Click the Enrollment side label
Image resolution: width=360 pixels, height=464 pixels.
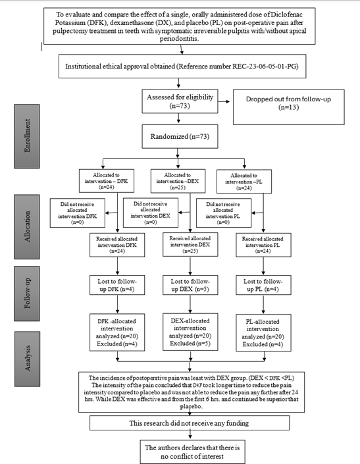(27, 136)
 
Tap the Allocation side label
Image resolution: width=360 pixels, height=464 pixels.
(27, 226)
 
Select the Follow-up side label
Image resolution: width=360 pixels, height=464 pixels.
(27, 294)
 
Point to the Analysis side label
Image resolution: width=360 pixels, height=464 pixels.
(27, 359)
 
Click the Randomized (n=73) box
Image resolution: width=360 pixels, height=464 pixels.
(180, 136)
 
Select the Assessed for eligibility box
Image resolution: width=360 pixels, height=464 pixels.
(180, 101)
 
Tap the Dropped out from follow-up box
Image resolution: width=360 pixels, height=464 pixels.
(289, 107)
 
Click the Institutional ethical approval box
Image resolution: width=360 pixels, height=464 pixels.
(182, 66)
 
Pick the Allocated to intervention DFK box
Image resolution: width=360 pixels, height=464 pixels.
(107, 181)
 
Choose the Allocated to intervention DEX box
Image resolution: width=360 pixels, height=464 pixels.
(178, 181)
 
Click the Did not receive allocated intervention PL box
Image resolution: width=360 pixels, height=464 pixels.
(224, 213)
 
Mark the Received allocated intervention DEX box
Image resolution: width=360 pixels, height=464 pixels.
(190, 244)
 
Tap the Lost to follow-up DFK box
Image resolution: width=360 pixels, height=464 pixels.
(117, 285)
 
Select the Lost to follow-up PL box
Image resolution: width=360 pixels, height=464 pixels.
(263, 285)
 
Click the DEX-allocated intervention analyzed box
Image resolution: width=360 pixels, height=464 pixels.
(190, 332)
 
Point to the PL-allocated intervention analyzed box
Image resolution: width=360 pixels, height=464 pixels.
(263, 332)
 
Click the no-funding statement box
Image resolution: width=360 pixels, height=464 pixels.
(190, 423)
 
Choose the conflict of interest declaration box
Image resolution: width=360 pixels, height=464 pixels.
(193, 452)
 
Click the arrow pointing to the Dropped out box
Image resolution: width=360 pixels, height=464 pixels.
(224, 101)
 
